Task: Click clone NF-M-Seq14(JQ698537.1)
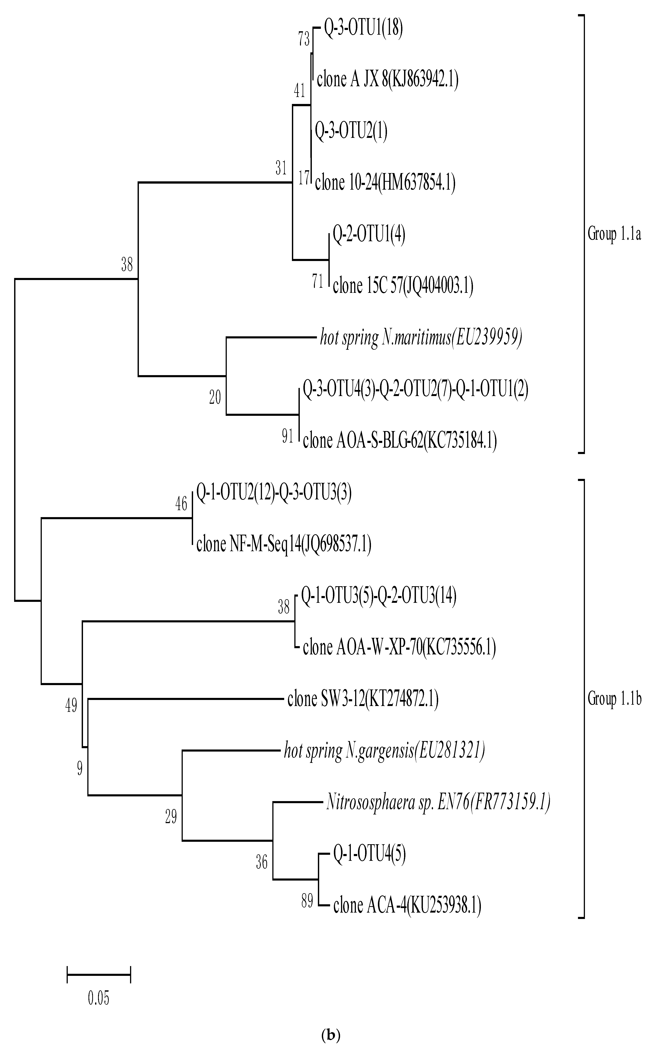point(284,544)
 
